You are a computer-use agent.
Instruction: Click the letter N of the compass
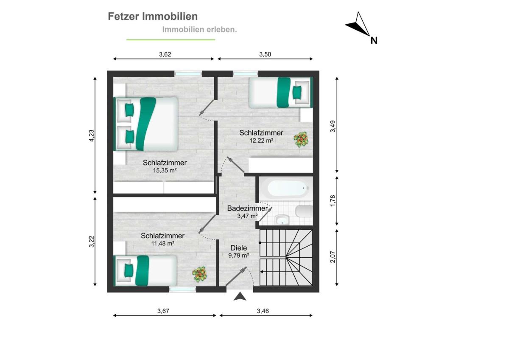tap(374, 40)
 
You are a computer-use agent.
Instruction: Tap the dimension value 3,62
tap(165, 54)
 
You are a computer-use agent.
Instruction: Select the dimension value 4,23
tap(91, 135)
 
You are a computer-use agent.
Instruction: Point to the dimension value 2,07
tap(333, 257)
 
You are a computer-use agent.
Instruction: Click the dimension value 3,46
tap(263, 311)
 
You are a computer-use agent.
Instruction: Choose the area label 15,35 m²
tap(165, 170)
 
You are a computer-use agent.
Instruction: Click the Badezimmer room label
tap(247, 208)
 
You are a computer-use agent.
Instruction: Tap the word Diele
tap(238, 248)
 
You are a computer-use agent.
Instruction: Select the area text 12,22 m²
tap(261, 141)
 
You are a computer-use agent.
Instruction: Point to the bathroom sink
tap(282, 219)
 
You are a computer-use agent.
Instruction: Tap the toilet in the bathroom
tap(304, 211)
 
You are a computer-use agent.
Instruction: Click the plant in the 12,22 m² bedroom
tap(301, 139)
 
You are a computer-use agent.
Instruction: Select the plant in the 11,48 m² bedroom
tap(199, 275)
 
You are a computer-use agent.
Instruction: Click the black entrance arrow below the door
tap(240, 297)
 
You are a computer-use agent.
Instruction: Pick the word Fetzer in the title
tap(123, 17)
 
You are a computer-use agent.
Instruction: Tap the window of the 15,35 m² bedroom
tap(188, 74)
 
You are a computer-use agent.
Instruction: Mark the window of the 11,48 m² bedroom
tap(182, 289)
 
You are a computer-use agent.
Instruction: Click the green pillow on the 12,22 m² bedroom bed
tap(297, 92)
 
